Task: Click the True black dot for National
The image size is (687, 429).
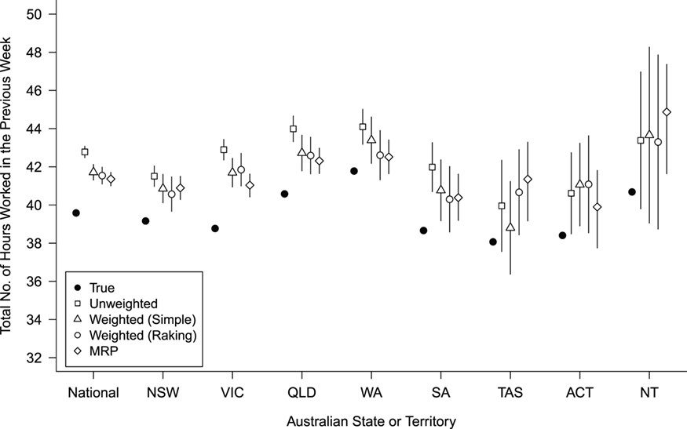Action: [x=76, y=213]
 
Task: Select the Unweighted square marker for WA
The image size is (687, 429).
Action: [x=363, y=126]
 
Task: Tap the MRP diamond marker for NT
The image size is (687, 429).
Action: [x=667, y=112]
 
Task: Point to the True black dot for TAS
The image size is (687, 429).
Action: [x=493, y=242]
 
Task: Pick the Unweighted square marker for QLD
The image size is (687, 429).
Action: [x=294, y=129]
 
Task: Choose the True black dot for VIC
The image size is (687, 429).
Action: [x=215, y=228]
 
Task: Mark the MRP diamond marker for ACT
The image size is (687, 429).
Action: [x=597, y=207]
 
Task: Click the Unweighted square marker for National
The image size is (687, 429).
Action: [x=85, y=151]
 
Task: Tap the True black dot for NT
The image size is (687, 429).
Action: [x=632, y=191]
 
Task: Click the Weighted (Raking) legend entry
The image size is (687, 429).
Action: [x=134, y=335]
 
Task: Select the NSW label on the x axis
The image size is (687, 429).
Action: [x=163, y=392]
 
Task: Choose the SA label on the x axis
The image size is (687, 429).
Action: [x=440, y=392]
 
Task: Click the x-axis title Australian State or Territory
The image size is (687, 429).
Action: [x=371, y=420]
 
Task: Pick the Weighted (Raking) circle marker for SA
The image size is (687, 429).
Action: [x=449, y=199]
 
